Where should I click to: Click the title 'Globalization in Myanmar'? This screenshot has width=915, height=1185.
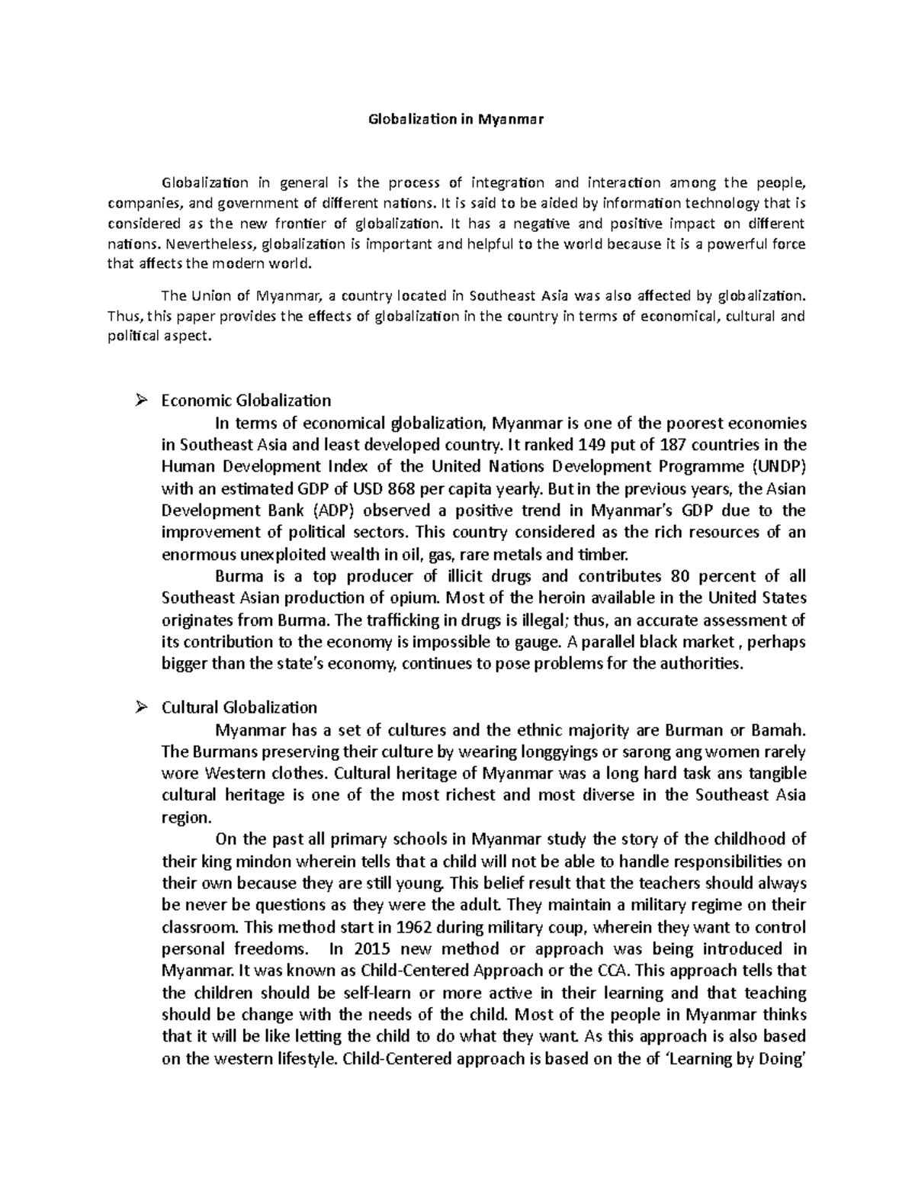pyautogui.click(x=457, y=119)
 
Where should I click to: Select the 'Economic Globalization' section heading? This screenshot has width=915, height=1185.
pyautogui.click(x=246, y=401)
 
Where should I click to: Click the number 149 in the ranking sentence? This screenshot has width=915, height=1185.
pyautogui.click(x=594, y=445)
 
